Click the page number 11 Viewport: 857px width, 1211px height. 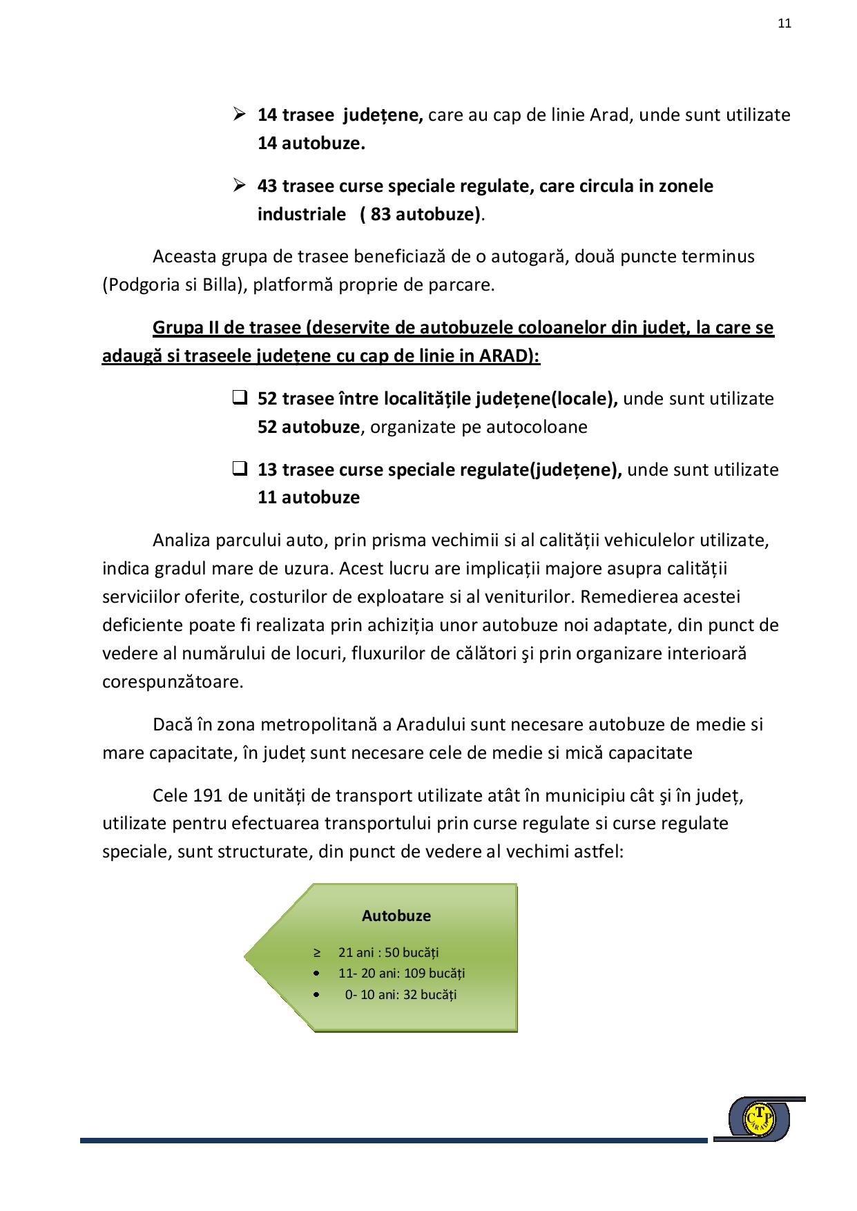[x=784, y=23]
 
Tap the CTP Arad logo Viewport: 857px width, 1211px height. [x=760, y=1118]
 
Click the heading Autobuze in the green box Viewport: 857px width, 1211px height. [x=396, y=915]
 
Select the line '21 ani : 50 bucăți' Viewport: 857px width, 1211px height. [x=388, y=952]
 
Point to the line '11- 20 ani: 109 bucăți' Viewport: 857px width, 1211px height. [x=401, y=973]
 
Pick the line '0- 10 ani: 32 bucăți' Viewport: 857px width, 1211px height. [x=401, y=994]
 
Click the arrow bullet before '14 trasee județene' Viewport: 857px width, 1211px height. [x=240, y=114]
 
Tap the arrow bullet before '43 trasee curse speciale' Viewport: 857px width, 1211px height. [x=240, y=185]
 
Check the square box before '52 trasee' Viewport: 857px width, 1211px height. [x=240, y=398]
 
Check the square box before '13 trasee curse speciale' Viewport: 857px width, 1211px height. [x=240, y=469]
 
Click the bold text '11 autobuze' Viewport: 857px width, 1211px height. [x=309, y=497]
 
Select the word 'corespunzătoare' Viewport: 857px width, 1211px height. [x=172, y=681]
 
